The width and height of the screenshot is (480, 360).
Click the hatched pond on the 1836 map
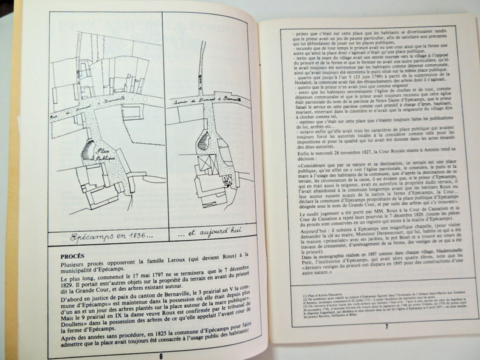(89, 149)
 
